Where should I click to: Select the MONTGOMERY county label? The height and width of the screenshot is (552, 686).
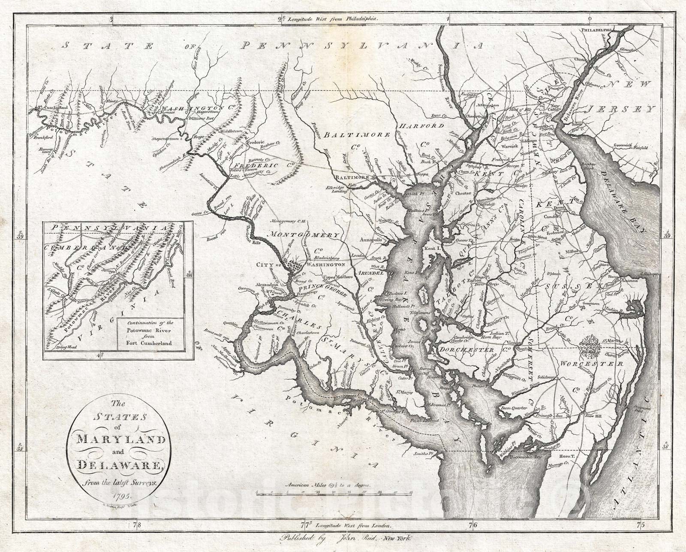tap(305, 235)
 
